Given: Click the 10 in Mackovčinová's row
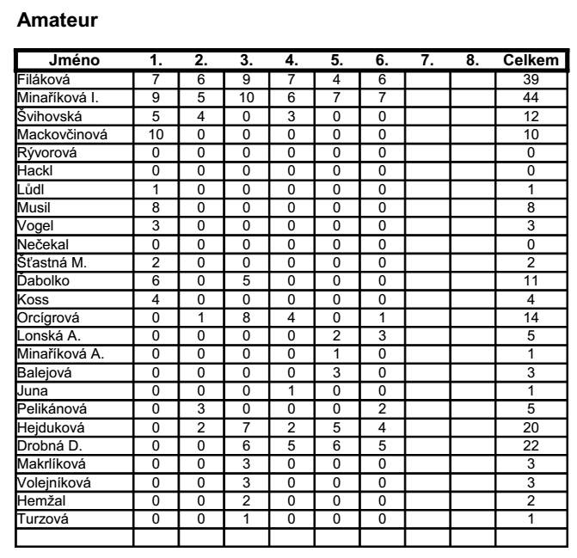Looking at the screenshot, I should (x=156, y=134).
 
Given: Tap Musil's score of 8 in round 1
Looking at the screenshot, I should (x=156, y=207).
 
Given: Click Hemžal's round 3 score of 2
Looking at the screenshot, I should (x=246, y=501).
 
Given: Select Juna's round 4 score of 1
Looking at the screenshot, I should (x=292, y=391).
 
